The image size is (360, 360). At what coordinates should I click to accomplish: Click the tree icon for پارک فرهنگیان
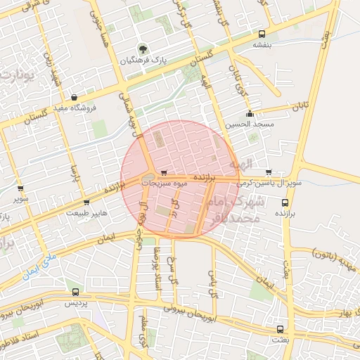point(143,49)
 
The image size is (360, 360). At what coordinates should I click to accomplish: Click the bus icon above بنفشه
point(262,34)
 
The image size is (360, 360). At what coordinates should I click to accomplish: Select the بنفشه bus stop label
point(262,44)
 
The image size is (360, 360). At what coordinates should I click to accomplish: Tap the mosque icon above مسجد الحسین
point(249,114)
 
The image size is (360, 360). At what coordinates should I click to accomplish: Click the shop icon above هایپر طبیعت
point(86,202)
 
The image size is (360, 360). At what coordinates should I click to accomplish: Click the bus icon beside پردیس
point(76,292)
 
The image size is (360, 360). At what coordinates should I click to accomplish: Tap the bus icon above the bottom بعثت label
point(280,329)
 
